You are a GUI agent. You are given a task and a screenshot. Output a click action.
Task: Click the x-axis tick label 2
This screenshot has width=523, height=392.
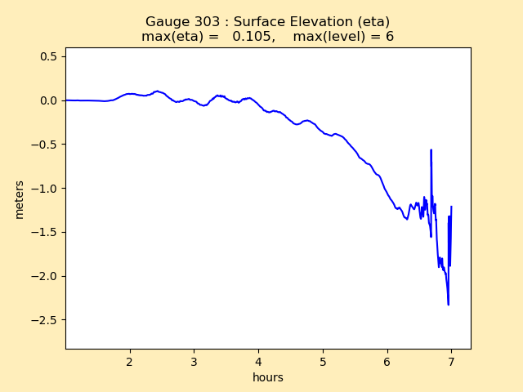tap(130, 362)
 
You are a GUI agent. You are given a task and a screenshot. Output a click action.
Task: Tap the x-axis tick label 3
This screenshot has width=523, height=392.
tap(194, 362)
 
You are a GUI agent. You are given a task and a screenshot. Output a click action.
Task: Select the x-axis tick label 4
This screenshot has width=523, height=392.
tap(258, 362)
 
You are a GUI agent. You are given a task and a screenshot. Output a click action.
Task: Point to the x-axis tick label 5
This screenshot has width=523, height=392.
tap(323, 362)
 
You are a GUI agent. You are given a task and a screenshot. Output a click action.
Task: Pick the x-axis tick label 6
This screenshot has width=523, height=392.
tap(387, 362)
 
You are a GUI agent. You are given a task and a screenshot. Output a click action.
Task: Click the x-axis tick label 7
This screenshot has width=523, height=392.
tap(451, 362)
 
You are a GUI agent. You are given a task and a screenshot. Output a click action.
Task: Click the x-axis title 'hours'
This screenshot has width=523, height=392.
tap(268, 377)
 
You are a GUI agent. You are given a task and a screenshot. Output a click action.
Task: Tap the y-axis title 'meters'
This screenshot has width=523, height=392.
tap(20, 198)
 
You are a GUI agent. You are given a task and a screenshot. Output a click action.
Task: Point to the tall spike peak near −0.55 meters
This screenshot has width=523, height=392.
tap(431, 150)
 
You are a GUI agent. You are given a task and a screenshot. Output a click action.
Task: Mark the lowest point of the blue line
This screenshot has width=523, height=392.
tap(448, 305)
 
